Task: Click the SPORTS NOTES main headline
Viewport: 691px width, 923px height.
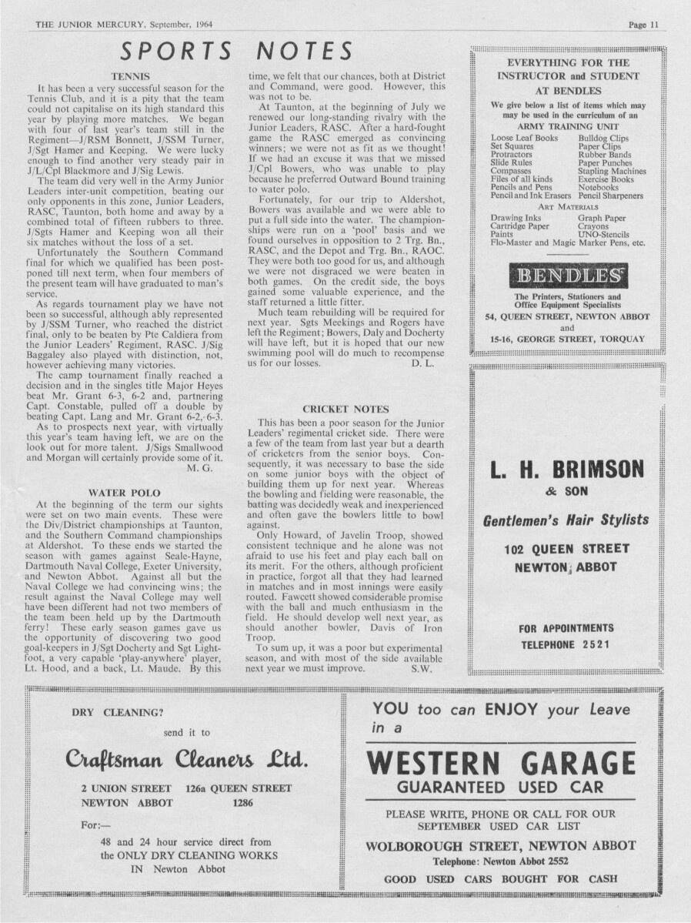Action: pos(237,51)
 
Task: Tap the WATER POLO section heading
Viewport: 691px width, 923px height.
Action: pos(126,491)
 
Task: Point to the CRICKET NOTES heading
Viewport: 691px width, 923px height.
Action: pos(345,410)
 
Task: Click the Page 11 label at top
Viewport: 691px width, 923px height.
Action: pos(643,25)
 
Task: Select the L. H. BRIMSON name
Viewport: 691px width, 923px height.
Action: pos(566,468)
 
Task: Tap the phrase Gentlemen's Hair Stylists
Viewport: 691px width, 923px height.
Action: pos(566,520)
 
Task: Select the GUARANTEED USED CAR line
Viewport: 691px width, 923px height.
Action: pos(501,788)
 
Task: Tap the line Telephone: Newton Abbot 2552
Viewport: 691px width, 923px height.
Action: pos(501,861)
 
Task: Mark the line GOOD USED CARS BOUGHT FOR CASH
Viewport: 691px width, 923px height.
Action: pos(501,878)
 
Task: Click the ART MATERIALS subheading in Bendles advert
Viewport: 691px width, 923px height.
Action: pos(568,207)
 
